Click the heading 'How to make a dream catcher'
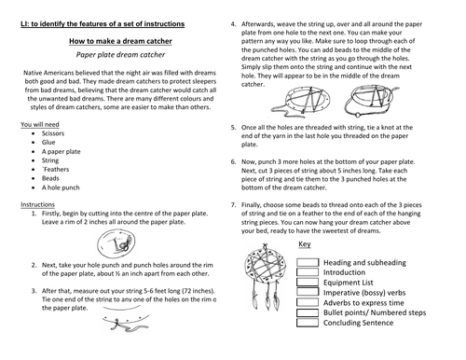(x=120, y=41)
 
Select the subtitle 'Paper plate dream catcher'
(x=120, y=55)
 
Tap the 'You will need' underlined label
(x=40, y=124)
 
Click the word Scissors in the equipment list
(x=53, y=133)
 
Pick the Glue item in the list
(x=48, y=143)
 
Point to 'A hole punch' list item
(x=61, y=187)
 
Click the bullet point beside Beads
(x=34, y=178)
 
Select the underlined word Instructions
(x=37, y=204)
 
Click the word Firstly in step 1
(x=51, y=214)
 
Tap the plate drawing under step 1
(x=116, y=243)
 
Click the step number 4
(x=233, y=24)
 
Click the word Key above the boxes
(x=305, y=244)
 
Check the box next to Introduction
(x=308, y=272)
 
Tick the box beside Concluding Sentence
(x=308, y=323)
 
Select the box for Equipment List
(x=308, y=283)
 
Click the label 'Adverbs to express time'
(x=363, y=303)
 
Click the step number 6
(x=233, y=162)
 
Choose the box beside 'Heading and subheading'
(x=308, y=262)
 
